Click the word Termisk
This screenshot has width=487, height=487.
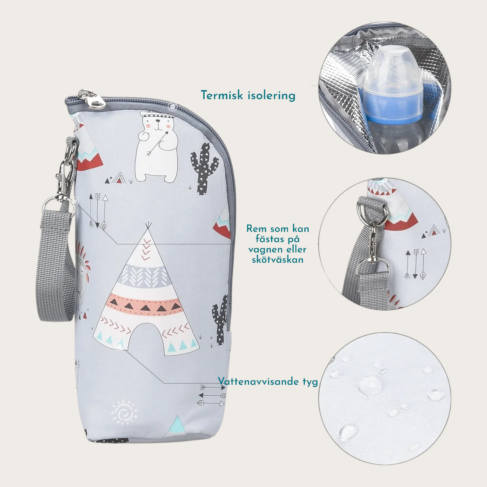[222, 95]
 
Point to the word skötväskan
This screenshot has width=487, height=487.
[277, 260]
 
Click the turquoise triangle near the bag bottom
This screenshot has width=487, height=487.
[178, 424]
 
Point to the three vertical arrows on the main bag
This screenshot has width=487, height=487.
[98, 211]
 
